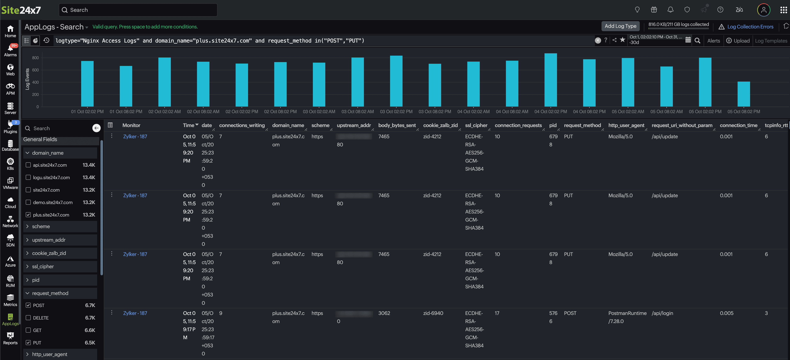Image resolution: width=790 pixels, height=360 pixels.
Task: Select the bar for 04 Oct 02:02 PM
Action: [550, 80]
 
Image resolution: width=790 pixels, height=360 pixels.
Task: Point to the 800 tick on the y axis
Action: [35, 58]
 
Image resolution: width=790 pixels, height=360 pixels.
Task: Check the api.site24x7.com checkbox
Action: [28, 165]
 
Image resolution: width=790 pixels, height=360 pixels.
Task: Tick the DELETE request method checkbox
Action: [28, 318]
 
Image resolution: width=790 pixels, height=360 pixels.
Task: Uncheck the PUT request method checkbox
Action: [28, 343]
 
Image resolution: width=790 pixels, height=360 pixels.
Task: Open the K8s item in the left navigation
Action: [10, 164]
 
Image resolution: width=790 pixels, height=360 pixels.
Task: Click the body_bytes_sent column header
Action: [397, 125]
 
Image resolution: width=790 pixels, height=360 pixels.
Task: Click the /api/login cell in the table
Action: [662, 313]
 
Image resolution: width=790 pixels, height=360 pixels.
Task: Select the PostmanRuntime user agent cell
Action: [627, 313]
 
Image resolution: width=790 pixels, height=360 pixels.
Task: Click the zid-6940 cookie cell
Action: [433, 313]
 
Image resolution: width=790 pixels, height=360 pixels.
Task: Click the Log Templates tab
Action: [771, 41]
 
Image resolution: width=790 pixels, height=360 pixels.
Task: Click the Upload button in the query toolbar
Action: [738, 41]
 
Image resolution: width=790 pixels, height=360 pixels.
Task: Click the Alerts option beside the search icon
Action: [713, 41]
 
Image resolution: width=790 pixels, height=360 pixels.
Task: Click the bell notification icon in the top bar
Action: [670, 10]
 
